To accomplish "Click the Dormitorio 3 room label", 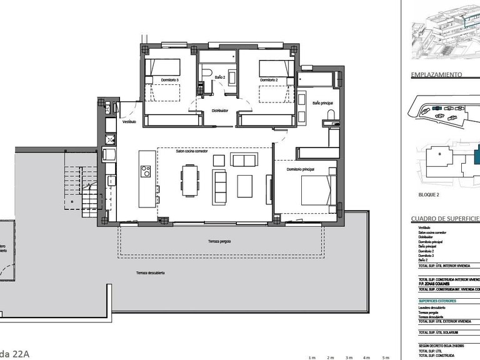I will tap(169, 80).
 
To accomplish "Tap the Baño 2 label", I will tap(219, 77).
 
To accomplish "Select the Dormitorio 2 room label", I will tap(268, 80).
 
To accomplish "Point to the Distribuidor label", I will tap(219, 111).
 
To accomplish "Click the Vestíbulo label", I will tap(129, 122).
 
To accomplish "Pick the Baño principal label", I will tap(322, 102).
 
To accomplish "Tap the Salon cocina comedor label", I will tap(192, 151).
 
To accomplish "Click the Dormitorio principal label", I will tap(300, 169).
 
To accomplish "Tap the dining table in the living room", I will tap(189, 180).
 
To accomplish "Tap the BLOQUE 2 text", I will tap(429, 195).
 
